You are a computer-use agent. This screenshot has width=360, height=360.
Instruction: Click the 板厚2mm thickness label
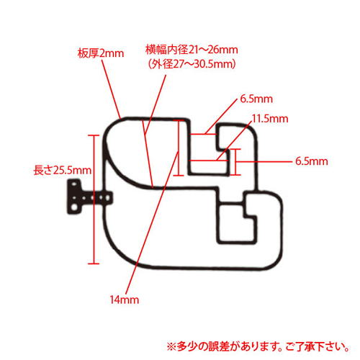point(101,53)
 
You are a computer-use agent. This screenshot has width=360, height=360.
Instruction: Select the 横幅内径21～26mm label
point(192,50)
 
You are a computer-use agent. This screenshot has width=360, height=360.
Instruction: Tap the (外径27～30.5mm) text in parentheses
point(192,64)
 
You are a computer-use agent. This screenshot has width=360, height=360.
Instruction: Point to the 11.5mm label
point(270,119)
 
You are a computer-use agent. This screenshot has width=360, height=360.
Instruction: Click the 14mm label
point(125,300)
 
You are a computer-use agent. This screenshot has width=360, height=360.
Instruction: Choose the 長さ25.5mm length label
point(63,170)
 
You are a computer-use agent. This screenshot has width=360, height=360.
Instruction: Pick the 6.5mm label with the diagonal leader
point(256,99)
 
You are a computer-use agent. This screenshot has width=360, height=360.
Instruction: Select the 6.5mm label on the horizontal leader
point(312,161)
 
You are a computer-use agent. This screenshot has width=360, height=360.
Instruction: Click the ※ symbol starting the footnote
point(171,346)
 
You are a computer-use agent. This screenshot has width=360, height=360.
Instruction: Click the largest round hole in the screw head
point(75,207)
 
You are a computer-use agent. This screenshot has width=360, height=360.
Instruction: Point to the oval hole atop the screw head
point(74,185)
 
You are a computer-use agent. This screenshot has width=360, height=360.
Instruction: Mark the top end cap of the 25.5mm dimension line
point(94,135)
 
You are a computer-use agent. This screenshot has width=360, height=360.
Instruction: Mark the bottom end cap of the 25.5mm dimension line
point(94,264)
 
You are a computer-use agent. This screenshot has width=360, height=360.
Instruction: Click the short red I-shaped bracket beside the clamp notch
point(235,162)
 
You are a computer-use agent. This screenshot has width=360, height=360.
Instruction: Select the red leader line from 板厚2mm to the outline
point(111,89)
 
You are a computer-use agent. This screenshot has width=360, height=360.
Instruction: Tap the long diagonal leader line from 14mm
point(152,222)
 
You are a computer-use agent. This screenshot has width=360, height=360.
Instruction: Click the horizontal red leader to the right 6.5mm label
point(264,161)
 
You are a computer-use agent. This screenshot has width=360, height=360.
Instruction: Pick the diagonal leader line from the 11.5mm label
point(235,141)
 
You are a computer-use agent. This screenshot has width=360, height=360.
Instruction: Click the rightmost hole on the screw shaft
point(107,198)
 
